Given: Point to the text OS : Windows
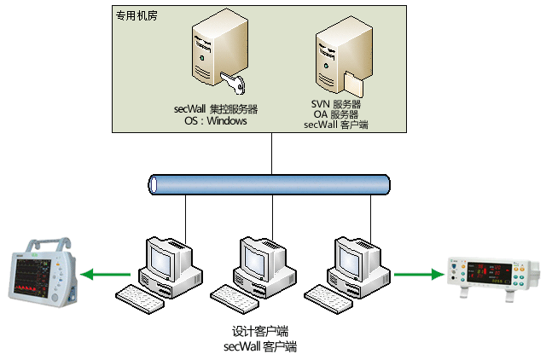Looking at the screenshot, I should point(216,121).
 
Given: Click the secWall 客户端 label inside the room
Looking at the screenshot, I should point(335,125).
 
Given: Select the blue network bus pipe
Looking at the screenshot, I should point(269,183).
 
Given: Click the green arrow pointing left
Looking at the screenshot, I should point(107,275).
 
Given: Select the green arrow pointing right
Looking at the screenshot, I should point(418,275).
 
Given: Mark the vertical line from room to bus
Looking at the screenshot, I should point(271,154).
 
